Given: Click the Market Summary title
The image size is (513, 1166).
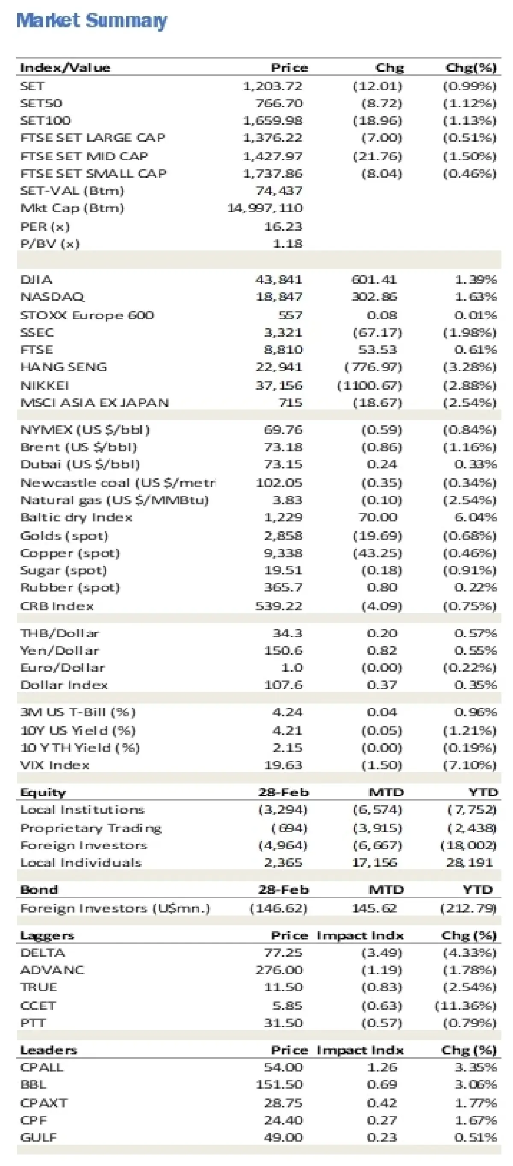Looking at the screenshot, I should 91,21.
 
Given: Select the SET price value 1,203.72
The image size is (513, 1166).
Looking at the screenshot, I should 273,85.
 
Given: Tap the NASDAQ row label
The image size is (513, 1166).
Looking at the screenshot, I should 52,297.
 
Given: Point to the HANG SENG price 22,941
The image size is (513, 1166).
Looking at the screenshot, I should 278,367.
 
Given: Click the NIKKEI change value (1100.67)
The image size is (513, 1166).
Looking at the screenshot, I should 369,385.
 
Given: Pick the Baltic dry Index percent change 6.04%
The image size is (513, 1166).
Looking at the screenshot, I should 475,517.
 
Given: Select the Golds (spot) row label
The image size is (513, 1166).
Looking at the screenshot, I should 64,536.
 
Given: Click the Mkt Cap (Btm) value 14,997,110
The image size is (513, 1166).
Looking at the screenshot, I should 265,208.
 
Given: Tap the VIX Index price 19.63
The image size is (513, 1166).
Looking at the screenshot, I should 283,765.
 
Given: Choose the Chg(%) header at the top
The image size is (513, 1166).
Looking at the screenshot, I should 471,68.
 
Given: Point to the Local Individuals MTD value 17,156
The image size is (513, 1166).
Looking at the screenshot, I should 374,862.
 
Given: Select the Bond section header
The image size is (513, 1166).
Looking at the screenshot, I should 39,889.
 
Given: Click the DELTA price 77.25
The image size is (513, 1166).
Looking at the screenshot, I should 283,953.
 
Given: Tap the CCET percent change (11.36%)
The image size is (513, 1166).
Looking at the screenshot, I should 466,1006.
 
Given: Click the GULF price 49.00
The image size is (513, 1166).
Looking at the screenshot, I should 283,1137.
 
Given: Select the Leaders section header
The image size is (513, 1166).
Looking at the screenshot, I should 49,1050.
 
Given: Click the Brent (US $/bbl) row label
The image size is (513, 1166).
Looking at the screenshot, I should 78,447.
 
